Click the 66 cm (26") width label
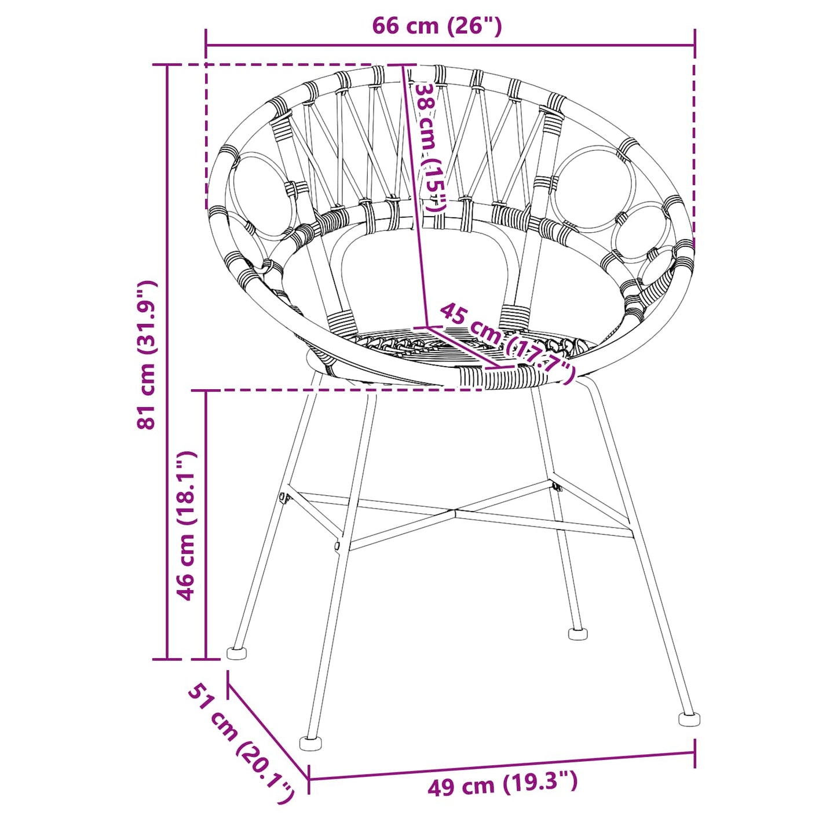click(436, 26)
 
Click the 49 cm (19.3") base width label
click(502, 784)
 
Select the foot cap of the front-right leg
click(689, 719)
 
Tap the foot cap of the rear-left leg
click(236, 653)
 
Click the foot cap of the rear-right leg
click(578, 634)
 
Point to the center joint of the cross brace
click(456, 512)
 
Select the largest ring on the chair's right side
click(592, 188)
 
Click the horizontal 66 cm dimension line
click(450, 45)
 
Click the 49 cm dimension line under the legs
click(502, 766)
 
